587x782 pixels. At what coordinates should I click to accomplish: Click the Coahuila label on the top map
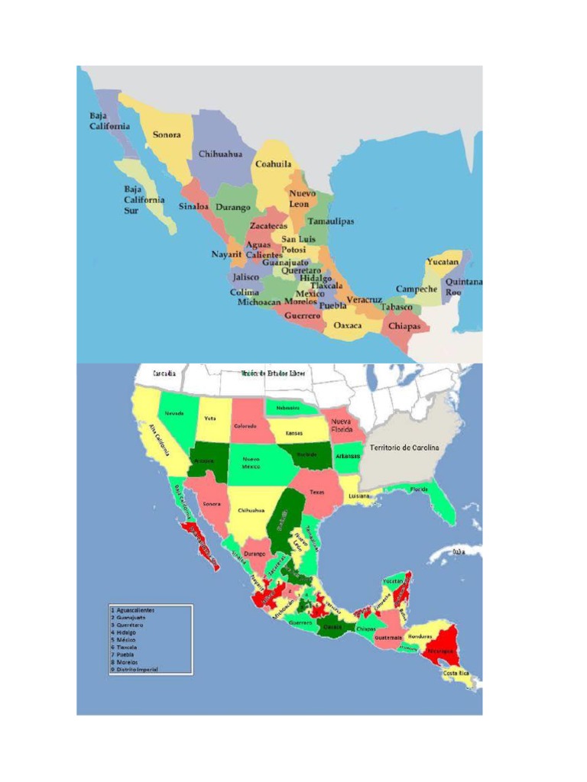pyautogui.click(x=273, y=164)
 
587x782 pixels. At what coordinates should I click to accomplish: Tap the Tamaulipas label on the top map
pyautogui.click(x=331, y=221)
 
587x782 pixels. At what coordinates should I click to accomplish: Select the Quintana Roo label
pyautogui.click(x=463, y=287)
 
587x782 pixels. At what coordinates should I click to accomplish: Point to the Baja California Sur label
pyautogui.click(x=144, y=199)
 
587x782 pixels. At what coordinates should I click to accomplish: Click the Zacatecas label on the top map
pyautogui.click(x=268, y=227)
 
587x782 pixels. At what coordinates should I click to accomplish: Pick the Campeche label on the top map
pyautogui.click(x=417, y=289)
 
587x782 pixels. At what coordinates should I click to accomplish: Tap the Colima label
pyautogui.click(x=245, y=292)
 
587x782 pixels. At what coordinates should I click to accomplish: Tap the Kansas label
pyautogui.click(x=294, y=433)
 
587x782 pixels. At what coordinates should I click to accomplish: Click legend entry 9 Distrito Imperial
pyautogui.click(x=135, y=669)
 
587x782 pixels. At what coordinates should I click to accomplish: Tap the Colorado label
pyautogui.click(x=245, y=425)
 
